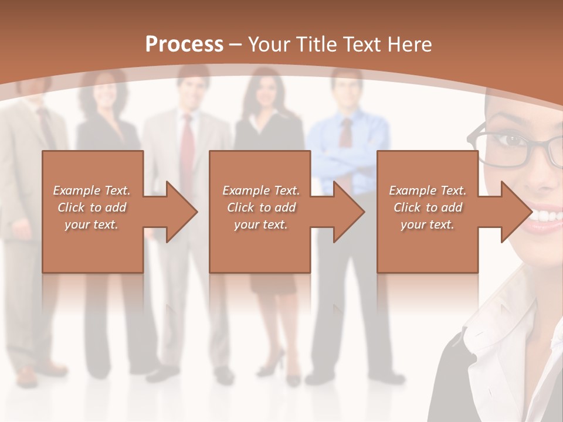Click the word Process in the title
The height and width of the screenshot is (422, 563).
(184, 44)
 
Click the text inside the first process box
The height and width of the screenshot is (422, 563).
(91, 207)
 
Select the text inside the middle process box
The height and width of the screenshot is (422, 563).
(260, 207)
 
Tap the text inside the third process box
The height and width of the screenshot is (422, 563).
(427, 207)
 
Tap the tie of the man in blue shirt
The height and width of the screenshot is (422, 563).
(347, 132)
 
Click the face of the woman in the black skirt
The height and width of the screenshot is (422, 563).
(261, 91)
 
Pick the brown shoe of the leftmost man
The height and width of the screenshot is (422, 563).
(27, 376)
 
